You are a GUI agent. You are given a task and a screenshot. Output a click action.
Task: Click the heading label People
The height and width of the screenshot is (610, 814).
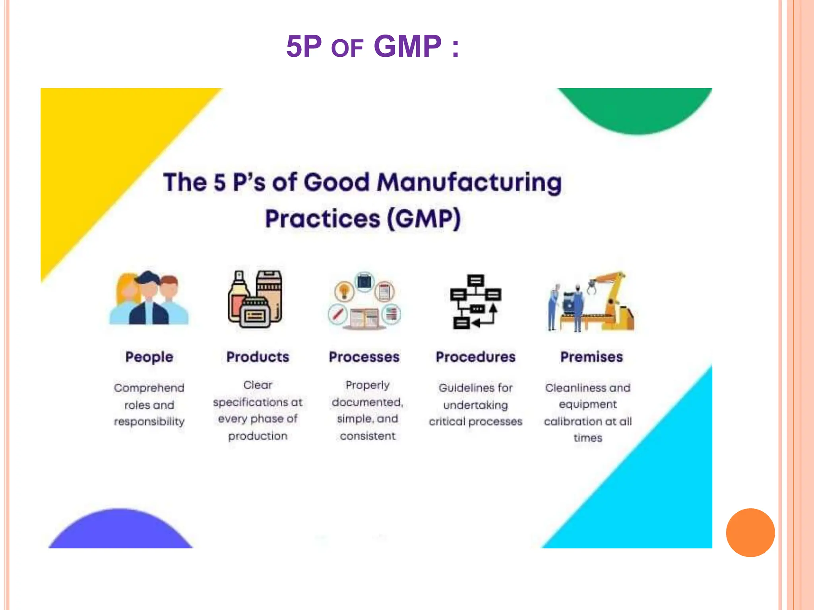click(x=149, y=357)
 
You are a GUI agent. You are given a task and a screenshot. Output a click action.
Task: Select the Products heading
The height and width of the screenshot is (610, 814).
click(x=258, y=357)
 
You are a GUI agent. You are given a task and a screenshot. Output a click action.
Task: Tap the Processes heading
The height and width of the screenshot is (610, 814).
click(x=364, y=357)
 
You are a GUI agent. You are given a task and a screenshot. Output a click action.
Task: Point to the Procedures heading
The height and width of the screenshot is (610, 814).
click(x=475, y=357)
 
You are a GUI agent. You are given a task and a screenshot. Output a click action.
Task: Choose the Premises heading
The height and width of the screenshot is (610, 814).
click(x=591, y=357)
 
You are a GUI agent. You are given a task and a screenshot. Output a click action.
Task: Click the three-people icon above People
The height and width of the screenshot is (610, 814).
click(x=149, y=298)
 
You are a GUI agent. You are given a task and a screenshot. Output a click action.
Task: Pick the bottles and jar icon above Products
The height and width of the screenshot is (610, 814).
click(x=255, y=299)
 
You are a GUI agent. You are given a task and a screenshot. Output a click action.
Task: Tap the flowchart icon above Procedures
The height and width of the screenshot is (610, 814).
click(x=475, y=301)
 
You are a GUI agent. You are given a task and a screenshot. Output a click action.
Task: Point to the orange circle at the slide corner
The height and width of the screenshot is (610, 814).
click(x=750, y=532)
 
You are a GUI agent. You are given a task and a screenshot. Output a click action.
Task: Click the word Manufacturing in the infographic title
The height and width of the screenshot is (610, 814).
click(x=469, y=183)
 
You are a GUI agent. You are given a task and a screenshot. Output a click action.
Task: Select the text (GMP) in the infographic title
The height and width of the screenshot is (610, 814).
click(x=424, y=219)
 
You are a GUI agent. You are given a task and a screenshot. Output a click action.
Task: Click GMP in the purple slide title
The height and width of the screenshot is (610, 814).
click(x=407, y=46)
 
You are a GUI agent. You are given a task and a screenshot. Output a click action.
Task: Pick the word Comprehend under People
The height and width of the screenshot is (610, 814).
click(x=149, y=388)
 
